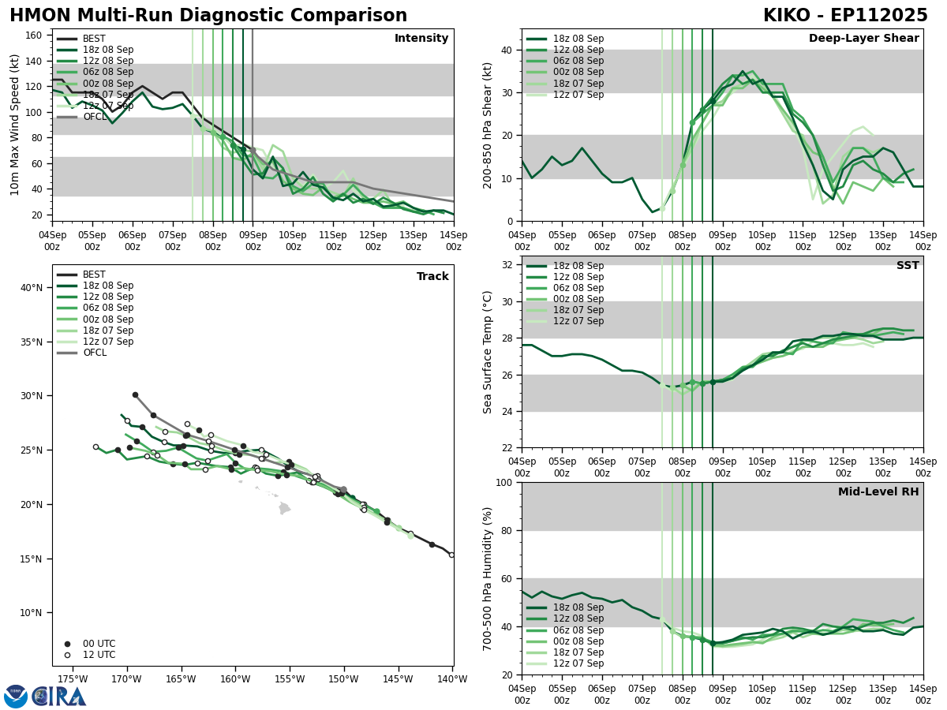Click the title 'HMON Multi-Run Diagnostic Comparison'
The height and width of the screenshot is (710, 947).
click(208, 16)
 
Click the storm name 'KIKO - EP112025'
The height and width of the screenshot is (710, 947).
click(845, 16)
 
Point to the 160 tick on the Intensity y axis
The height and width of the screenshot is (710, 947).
click(36, 35)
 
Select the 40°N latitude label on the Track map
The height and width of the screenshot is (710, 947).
click(31, 287)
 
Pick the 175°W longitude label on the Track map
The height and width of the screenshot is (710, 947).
click(72, 678)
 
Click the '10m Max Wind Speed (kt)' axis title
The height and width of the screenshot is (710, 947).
click(15, 125)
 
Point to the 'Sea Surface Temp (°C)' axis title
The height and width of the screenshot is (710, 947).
click(488, 352)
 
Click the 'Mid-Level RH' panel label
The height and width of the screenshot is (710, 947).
click(878, 492)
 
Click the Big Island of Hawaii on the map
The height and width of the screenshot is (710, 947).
click(284, 509)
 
